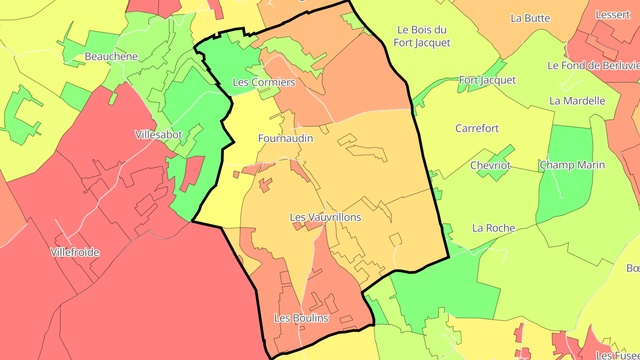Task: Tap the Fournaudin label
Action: [285, 138]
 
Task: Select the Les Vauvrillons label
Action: [325, 217]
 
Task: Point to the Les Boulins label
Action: [301, 318]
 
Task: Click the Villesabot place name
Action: [159, 135]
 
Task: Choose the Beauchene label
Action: [111, 56]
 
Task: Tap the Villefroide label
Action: [75, 252]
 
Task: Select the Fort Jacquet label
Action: [487, 80]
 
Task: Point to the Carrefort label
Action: [477, 128]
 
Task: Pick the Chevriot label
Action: [491, 165]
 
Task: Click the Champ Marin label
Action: [572, 165]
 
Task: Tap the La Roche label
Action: [493, 228]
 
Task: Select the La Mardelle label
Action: [577, 100]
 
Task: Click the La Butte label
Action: [530, 18]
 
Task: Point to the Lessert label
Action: [612, 15]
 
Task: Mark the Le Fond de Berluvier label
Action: [593, 65]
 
